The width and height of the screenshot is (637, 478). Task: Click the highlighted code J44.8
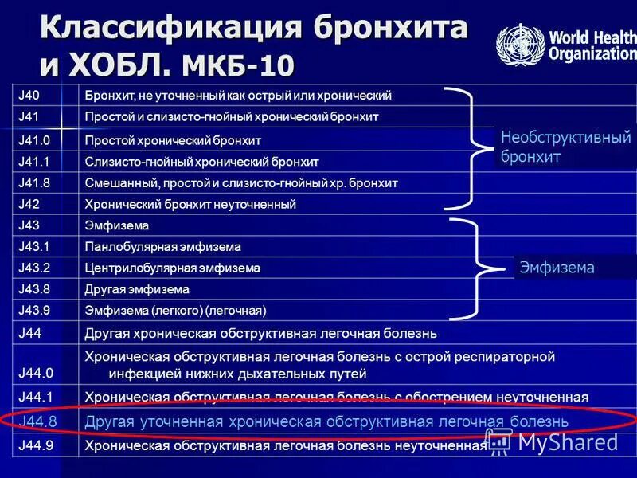[36, 421]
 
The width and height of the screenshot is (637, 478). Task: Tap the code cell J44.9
[35, 446]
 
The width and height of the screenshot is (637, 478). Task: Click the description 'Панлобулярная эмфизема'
[162, 247]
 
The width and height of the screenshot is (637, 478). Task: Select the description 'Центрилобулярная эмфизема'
[172, 268]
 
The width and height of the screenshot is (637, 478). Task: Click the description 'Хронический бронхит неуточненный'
[190, 205]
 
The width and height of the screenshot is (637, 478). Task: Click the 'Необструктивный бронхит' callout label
[565, 147]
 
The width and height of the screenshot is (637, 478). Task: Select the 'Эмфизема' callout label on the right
[557, 268]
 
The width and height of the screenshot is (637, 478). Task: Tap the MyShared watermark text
[566, 443]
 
